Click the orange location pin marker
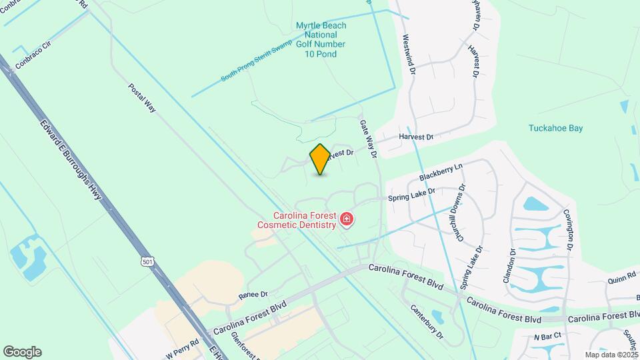coord(320,159)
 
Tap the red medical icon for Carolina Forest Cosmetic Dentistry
coord(346,219)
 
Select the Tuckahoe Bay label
coord(555,129)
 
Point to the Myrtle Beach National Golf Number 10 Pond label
coord(321,39)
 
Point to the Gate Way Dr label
coord(368,139)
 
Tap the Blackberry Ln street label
coord(440,171)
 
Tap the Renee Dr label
coord(254,294)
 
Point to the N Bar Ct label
coord(548,337)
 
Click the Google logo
coord(22,352)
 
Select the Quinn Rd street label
coord(621,281)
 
